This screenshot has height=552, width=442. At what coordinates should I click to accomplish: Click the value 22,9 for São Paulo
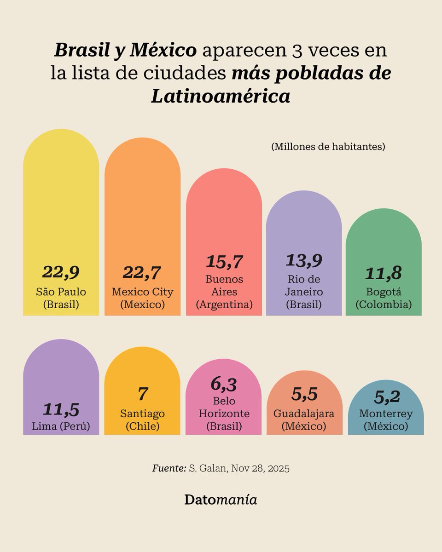coord(61,272)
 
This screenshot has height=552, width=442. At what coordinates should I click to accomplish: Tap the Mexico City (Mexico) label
coord(142,298)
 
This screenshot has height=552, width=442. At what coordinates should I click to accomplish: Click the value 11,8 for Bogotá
coord(384,273)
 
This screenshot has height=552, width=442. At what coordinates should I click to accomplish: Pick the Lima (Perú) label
coord(61,426)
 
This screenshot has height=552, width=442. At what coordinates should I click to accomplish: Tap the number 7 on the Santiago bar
coord(142,394)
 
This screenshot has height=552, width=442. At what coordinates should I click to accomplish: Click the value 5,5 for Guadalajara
coord(304,394)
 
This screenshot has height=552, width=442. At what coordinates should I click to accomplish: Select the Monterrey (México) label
coord(385,420)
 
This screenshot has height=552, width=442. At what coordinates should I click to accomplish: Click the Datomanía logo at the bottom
coord(221,500)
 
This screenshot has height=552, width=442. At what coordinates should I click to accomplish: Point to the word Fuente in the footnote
coord(169,469)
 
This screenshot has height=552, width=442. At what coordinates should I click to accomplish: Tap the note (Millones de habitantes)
coord(328,147)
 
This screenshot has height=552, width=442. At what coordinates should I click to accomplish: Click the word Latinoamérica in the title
coord(221,96)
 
